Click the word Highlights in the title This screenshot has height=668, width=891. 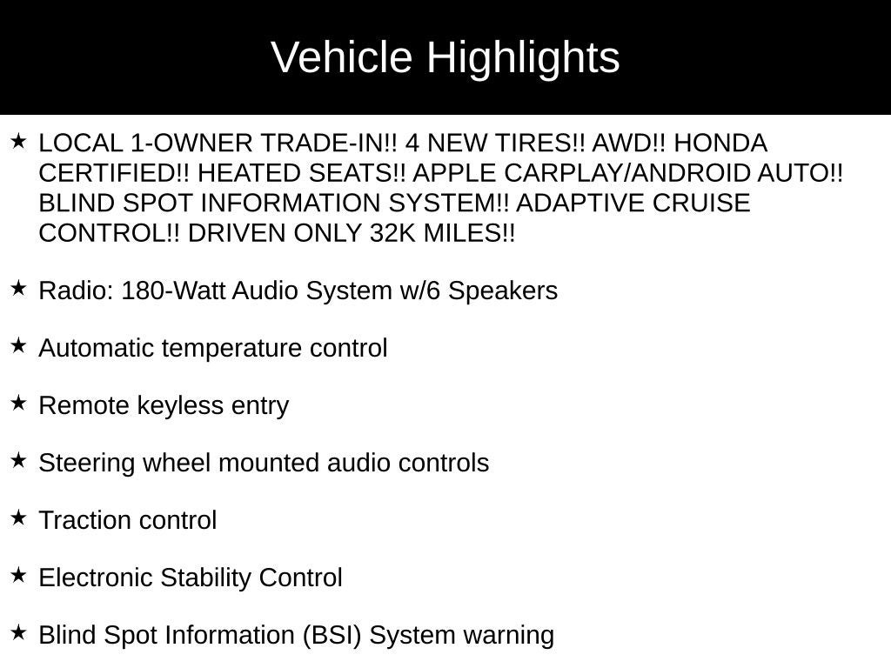[x=523, y=58]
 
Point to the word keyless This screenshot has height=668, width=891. [x=179, y=405]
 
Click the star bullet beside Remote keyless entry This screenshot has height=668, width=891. [x=18, y=404]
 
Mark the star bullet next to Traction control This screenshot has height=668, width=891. [x=18, y=518]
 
